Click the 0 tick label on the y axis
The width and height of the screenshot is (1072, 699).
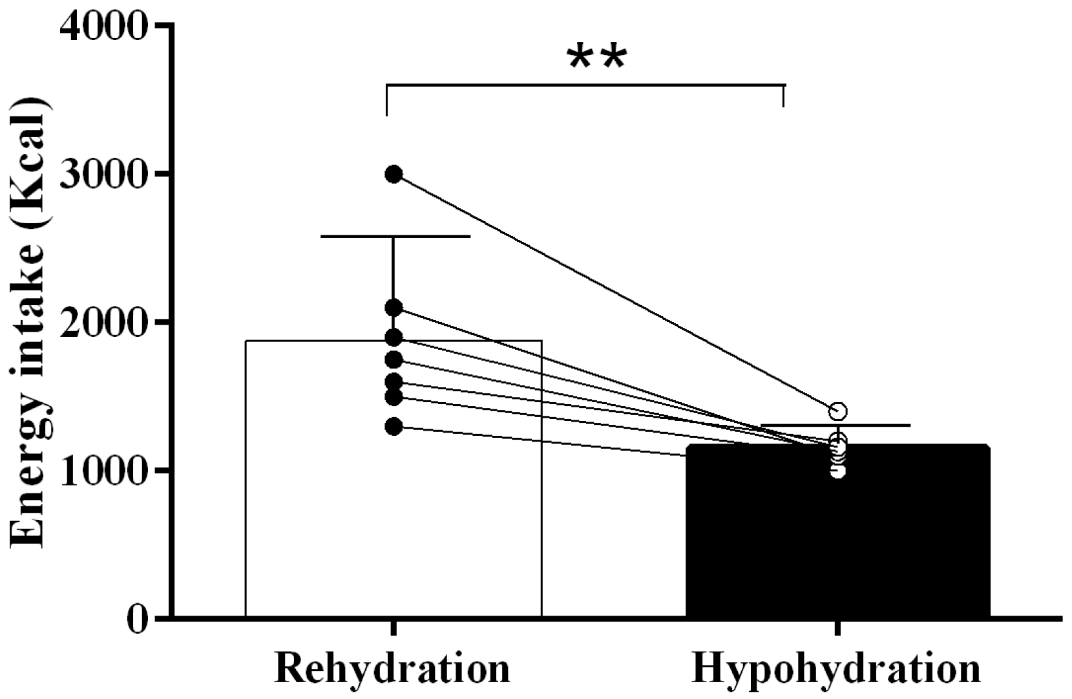138,619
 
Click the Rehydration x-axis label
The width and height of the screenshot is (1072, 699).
392,669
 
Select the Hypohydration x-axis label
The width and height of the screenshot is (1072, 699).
837,669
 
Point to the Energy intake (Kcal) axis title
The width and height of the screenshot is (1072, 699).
28,323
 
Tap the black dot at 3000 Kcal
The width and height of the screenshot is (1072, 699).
394,174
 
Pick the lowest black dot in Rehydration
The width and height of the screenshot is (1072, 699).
394,427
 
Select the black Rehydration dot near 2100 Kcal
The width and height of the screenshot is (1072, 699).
394,308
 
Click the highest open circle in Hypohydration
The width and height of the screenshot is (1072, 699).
838,411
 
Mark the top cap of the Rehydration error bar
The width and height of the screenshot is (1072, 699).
395,237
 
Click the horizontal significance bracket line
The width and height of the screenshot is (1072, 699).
585,85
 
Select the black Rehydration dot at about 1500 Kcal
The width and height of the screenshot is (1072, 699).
394,396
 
